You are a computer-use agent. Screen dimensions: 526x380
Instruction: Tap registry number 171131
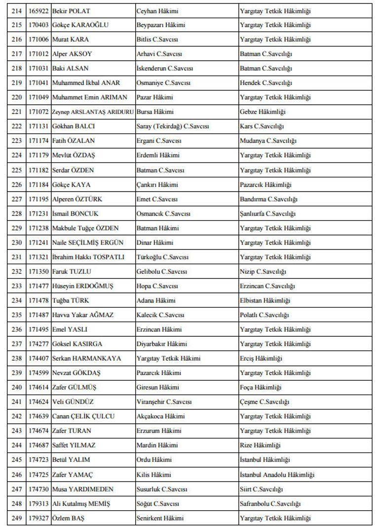pyautogui.click(x=38, y=126)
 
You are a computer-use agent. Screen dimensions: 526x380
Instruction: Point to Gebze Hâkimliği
pyautogui.click(x=262, y=112)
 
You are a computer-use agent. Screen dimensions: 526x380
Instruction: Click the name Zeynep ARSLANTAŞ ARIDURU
pyautogui.click(x=93, y=112)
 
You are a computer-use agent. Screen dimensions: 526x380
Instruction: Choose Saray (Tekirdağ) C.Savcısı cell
pyautogui.click(x=172, y=126)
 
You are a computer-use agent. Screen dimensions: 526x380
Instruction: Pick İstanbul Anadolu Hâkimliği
pyautogui.click(x=277, y=475)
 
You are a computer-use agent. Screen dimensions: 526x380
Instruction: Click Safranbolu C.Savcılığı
pyautogui.click(x=270, y=504)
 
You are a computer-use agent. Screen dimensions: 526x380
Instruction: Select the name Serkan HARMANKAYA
pyautogui.click(x=86, y=359)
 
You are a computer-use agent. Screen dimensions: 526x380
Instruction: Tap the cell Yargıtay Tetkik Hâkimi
pyautogui.click(x=168, y=359)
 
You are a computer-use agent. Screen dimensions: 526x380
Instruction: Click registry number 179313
pyautogui.click(x=38, y=504)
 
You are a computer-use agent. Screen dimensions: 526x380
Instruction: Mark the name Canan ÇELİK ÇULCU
pyautogui.click(x=83, y=416)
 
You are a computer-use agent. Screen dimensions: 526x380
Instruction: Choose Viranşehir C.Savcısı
pyautogui.click(x=164, y=402)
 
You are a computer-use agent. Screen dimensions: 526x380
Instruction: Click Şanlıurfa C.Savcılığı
pyautogui.click(x=267, y=214)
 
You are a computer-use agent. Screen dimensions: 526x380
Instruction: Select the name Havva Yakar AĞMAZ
pyautogui.click(x=82, y=315)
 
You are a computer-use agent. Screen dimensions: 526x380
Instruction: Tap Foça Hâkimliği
pyautogui.click(x=261, y=388)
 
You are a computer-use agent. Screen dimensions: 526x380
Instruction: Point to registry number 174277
pyautogui.click(x=38, y=344)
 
